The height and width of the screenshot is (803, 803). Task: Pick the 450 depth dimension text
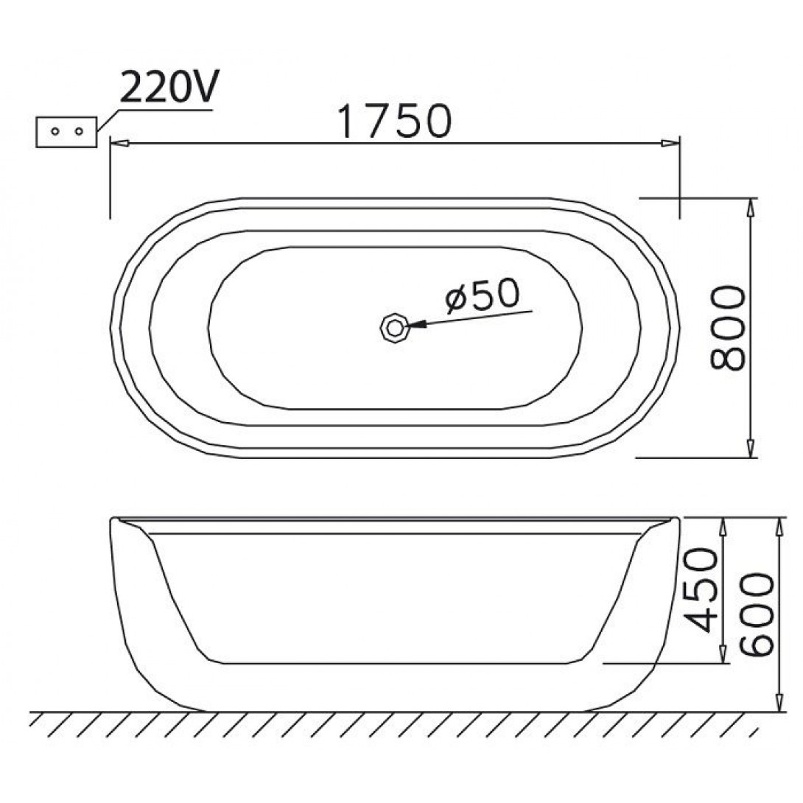[x=701, y=589]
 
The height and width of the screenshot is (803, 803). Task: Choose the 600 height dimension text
[x=757, y=614]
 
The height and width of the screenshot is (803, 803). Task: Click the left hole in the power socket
[x=55, y=132]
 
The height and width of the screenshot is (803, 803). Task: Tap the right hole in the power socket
[x=79, y=132]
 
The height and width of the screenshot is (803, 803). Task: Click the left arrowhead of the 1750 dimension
[x=119, y=144]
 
